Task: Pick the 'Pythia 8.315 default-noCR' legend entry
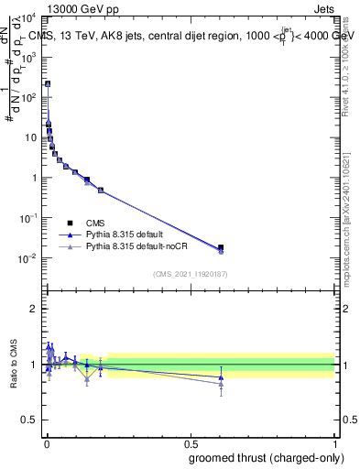tap(115, 246)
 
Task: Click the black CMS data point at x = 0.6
tap(221, 247)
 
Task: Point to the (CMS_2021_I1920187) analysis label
tap(190, 274)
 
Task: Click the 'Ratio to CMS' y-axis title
tap(14, 365)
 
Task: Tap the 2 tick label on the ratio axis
tap(33, 309)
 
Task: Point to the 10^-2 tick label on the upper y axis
tap(28, 258)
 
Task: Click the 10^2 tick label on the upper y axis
tap(28, 97)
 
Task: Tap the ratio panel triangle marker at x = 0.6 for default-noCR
tap(221, 384)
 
